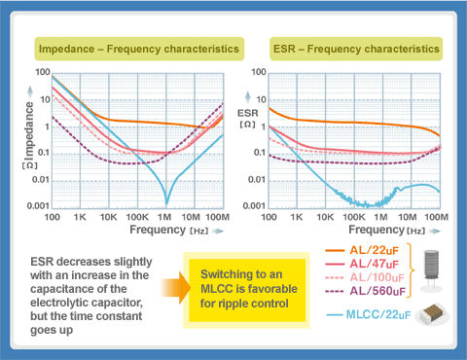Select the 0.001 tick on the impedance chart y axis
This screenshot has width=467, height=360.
tap(37, 206)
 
